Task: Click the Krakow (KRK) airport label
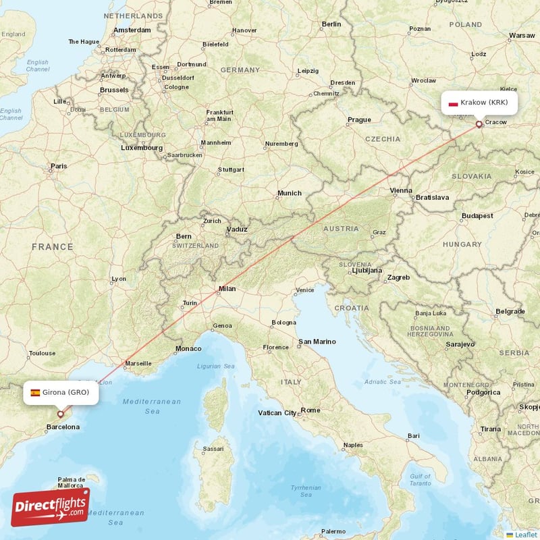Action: (x=484, y=103)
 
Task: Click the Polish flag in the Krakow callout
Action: (x=454, y=103)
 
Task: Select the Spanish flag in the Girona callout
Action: (x=34, y=392)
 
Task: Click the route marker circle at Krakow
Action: (x=479, y=124)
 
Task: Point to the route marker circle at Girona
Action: (x=60, y=414)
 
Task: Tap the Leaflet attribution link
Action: (x=525, y=535)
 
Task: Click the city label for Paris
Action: (x=59, y=166)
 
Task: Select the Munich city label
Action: (x=289, y=193)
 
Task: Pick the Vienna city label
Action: (x=400, y=191)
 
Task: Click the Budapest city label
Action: (x=478, y=216)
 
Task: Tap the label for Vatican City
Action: (x=277, y=412)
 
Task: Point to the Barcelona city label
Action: (x=62, y=427)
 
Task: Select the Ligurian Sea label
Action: (x=215, y=366)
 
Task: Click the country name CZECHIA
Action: (x=383, y=139)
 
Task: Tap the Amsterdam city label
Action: (x=132, y=30)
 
